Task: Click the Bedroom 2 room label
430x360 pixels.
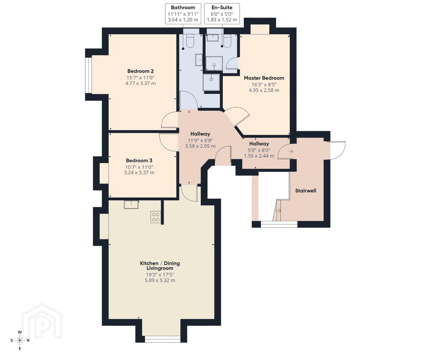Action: coord(140,71)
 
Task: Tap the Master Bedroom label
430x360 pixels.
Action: coord(264,78)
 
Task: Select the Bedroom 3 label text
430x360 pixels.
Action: coord(139,161)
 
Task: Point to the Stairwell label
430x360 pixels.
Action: coord(306,191)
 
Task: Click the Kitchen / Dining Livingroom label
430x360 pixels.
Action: coord(160,266)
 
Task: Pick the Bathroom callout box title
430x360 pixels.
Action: coord(183,8)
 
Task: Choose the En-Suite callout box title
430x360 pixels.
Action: coord(222,8)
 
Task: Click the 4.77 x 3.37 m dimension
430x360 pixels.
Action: coord(140,83)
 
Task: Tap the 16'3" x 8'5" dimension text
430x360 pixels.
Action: coord(264,85)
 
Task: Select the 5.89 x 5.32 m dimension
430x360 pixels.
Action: coord(160,280)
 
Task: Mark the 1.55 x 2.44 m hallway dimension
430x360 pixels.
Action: coord(259,156)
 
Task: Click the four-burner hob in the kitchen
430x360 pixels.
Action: coord(155,217)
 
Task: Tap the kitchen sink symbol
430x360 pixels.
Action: coord(131,205)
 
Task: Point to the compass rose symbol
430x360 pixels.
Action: coord(20,340)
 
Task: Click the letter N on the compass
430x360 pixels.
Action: coord(28,340)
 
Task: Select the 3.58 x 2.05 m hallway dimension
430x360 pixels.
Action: coord(200,146)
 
